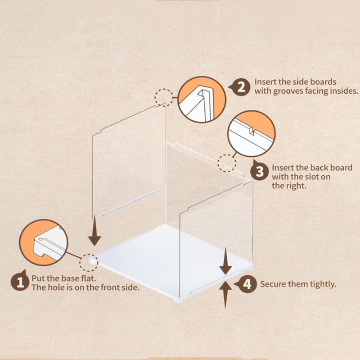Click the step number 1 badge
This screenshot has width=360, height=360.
[20, 282]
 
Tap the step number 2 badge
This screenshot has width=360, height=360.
[240, 87]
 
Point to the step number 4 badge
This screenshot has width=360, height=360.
[246, 284]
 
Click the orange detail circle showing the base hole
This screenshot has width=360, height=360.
[43, 242]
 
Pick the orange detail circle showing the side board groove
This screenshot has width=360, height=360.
[202, 99]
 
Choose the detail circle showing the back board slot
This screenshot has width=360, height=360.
[252, 133]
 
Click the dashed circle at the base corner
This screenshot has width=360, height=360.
[89, 263]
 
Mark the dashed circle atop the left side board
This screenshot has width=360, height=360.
[164, 98]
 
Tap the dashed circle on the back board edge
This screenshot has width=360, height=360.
[227, 163]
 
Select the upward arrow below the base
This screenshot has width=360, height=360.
[226, 295]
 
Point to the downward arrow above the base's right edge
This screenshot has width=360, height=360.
[225, 261]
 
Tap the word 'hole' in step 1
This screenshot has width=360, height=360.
[58, 287]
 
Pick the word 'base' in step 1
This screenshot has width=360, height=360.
[71, 278]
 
